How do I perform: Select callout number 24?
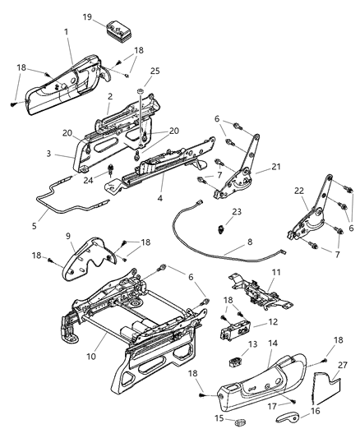pyautogui.click(x=90, y=174)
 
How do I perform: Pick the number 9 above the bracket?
pyautogui.click(x=68, y=236)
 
